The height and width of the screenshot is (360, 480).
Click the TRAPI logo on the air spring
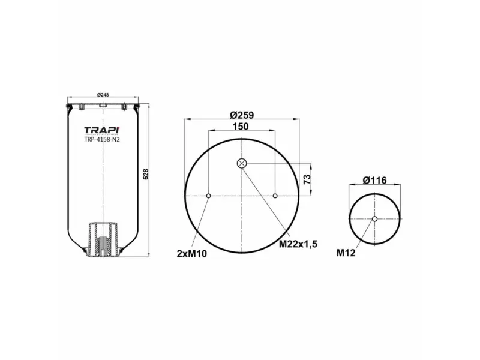pos(103,130)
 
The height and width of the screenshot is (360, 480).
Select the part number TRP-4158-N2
pos(103,140)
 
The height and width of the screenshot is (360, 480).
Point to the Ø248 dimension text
pos(103,94)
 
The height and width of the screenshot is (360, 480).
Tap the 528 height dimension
pos(146,174)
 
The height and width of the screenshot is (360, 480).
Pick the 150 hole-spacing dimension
pos(241,127)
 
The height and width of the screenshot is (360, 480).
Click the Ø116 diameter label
pos(374,180)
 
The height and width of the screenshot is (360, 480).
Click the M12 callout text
pos(346,253)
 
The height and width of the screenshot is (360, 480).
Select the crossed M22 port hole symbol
pos(241,163)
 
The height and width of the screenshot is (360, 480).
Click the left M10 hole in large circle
pos(208,196)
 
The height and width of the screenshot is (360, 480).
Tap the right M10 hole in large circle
pos(275,196)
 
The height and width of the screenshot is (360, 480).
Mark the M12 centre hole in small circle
pos(374,219)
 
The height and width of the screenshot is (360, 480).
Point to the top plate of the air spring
pos(103,107)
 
